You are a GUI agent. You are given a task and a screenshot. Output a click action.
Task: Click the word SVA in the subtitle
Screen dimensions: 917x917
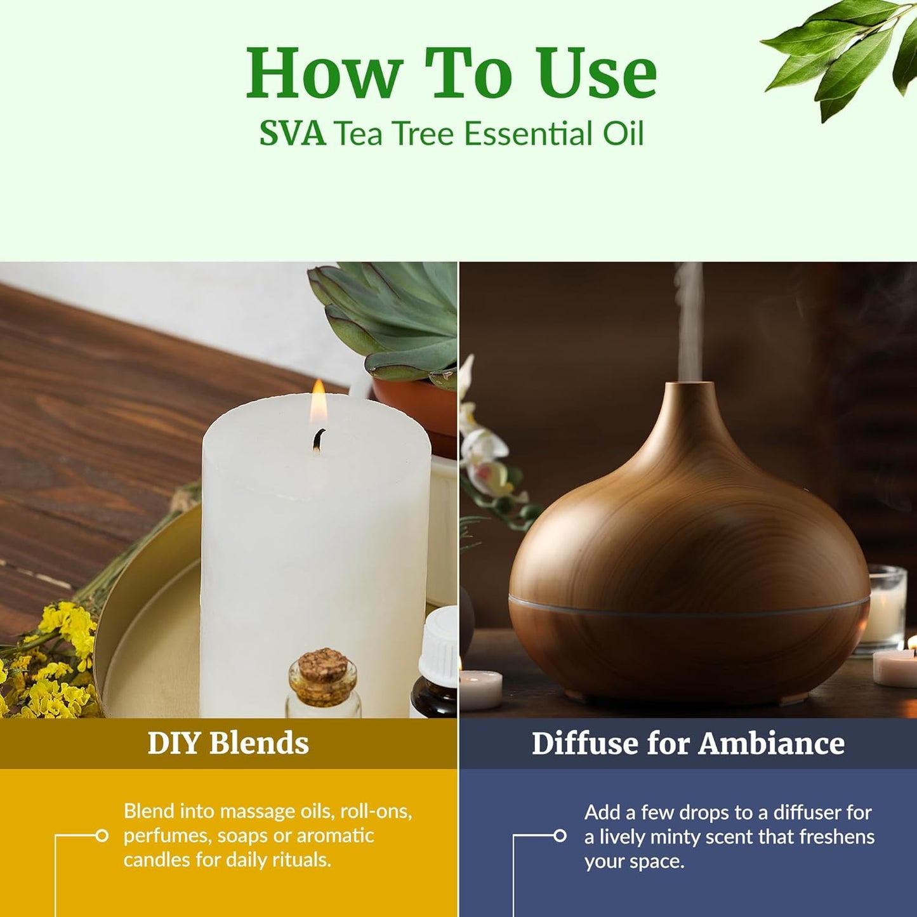pyautogui.click(x=292, y=134)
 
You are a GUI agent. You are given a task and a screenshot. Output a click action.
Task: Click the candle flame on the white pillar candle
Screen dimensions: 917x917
pyautogui.click(x=319, y=403)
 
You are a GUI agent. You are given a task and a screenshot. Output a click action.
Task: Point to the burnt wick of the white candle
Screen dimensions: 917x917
pyautogui.click(x=319, y=440)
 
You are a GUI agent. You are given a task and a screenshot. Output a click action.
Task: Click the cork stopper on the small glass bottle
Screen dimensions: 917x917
pyautogui.click(x=322, y=666)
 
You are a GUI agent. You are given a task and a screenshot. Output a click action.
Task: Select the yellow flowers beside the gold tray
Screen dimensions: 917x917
pyautogui.click(x=60, y=660)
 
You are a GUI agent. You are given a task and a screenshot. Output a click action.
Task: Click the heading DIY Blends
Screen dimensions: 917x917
pyautogui.click(x=228, y=743)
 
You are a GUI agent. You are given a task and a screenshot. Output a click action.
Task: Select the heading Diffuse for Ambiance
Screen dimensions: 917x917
pyautogui.click(x=688, y=743)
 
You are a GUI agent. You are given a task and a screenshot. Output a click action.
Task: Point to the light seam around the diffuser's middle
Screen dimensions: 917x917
pyautogui.click(x=689, y=613)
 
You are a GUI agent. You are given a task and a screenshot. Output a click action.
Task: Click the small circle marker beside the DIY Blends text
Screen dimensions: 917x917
pyautogui.click(x=102, y=836)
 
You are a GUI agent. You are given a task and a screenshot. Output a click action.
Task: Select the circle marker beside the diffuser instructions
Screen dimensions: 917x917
pyautogui.click(x=560, y=836)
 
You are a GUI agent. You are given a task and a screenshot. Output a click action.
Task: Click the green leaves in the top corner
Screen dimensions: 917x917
pyautogui.click(x=838, y=51)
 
